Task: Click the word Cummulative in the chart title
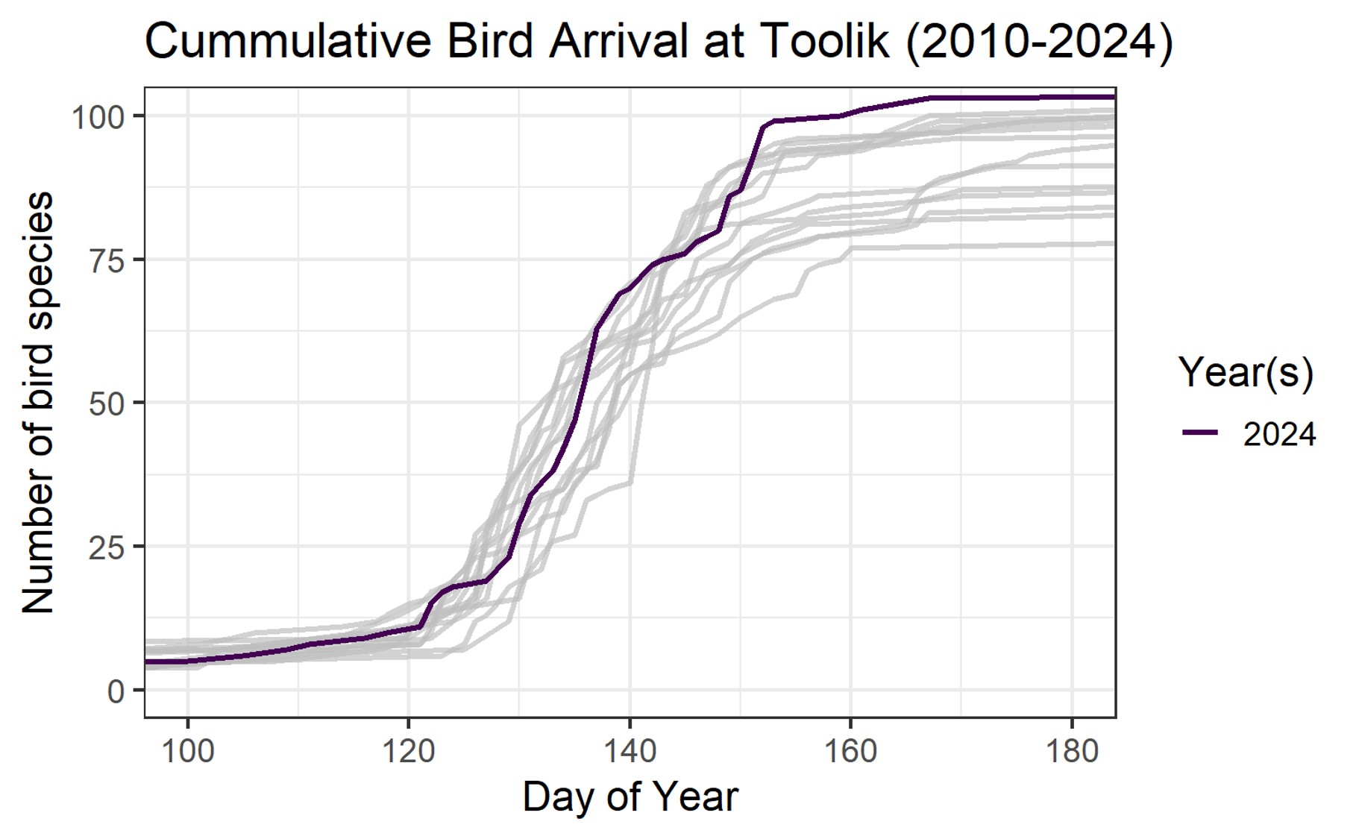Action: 287,41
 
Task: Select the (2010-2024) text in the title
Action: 1039,41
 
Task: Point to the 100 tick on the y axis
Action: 98,117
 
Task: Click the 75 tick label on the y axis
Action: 106,260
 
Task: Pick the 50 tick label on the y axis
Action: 106,404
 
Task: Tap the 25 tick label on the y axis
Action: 106,548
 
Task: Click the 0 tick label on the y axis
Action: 116,692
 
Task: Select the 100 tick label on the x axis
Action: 187,750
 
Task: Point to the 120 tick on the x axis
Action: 409,750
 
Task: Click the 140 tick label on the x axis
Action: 630,750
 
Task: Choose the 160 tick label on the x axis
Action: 850,750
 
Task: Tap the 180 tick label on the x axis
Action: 1072,750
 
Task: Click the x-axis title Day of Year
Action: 630,796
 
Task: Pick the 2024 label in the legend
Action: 1279,434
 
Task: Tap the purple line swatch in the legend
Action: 1200,433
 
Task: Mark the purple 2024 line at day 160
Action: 850,113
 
